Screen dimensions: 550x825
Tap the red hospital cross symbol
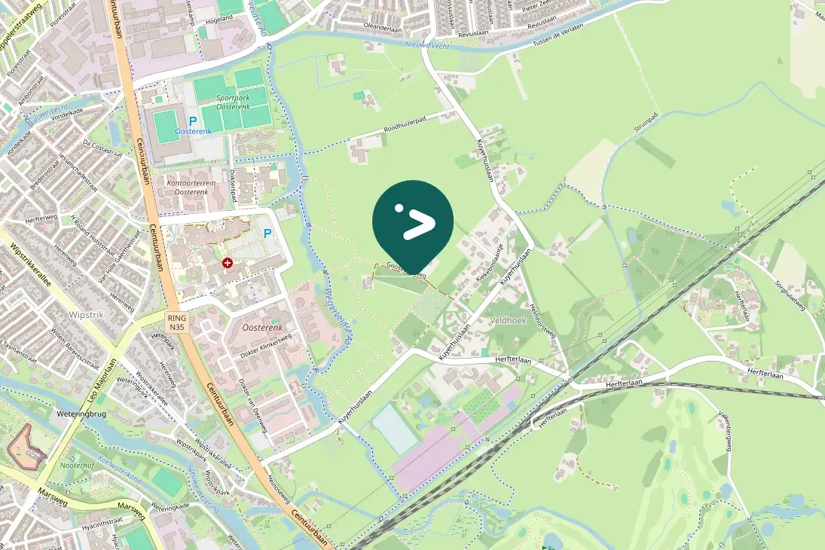[x=228, y=262]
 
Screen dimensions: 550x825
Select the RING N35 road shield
[x=177, y=322]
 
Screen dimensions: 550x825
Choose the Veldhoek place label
[x=507, y=319]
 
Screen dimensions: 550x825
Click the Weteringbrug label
[x=78, y=414]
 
